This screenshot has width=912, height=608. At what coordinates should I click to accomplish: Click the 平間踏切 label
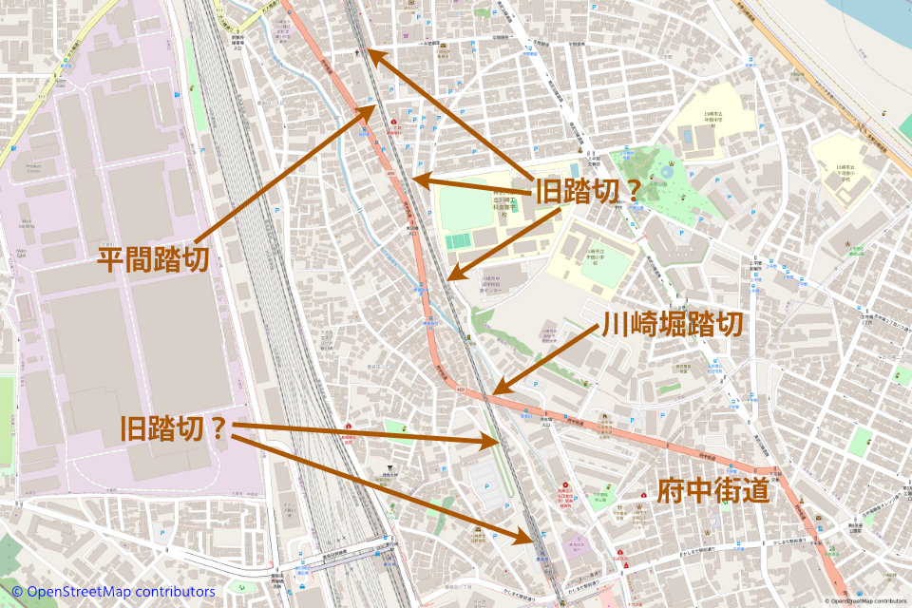click(x=152, y=258)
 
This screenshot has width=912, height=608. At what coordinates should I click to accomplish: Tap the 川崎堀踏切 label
click(x=671, y=326)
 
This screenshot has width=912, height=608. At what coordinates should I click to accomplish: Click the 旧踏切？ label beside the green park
click(x=583, y=188)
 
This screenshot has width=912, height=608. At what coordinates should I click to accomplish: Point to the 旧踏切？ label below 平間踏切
click(x=174, y=428)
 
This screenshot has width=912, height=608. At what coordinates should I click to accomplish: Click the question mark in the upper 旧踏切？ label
click(x=623, y=188)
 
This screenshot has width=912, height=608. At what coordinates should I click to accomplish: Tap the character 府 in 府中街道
click(x=671, y=491)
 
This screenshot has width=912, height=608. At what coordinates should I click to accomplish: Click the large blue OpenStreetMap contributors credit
click(x=113, y=592)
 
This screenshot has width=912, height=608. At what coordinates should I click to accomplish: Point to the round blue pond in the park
click(x=668, y=173)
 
